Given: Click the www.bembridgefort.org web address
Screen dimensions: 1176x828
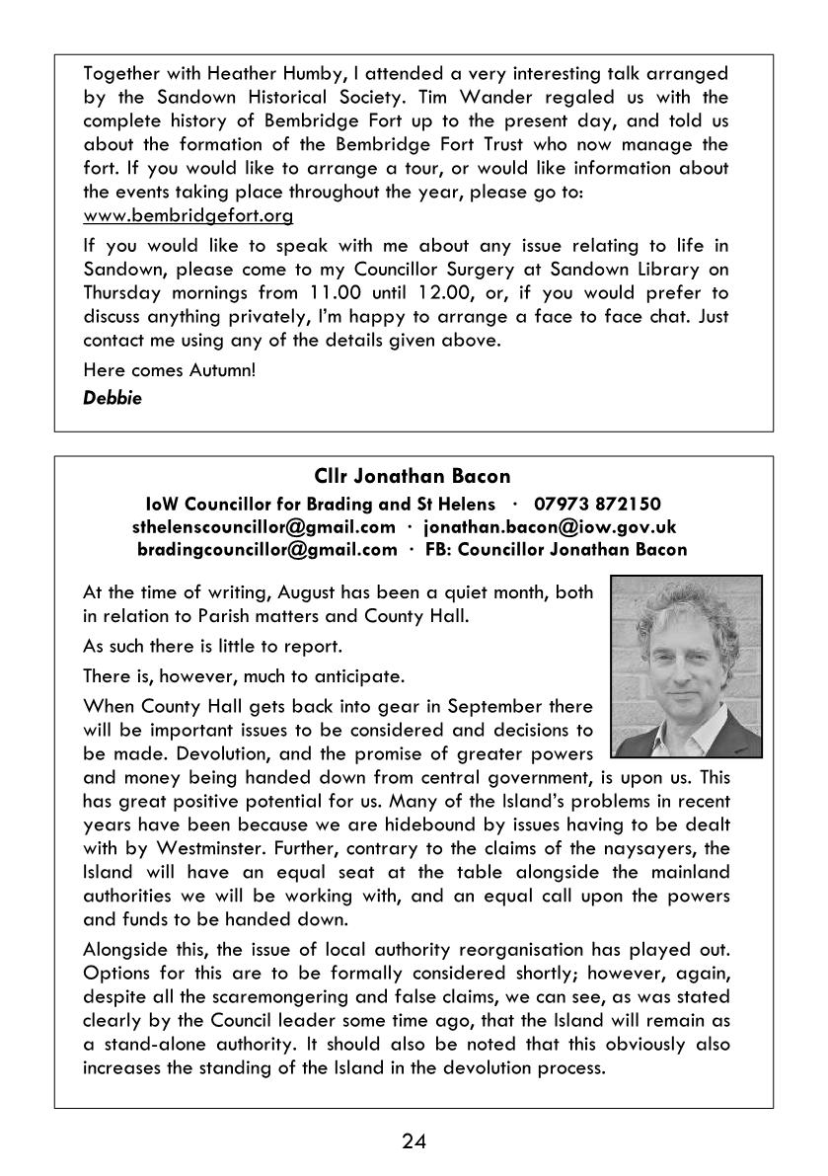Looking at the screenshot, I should pyautogui.click(x=188, y=214).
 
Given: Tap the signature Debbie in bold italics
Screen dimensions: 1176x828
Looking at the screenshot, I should pyautogui.click(x=112, y=399).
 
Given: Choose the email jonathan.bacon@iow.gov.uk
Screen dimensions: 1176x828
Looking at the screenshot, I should pyautogui.click(x=551, y=527).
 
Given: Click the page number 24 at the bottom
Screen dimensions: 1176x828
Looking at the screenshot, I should pyautogui.click(x=414, y=1142).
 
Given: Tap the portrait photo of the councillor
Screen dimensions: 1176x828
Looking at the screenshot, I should pyautogui.click(x=685, y=667).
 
